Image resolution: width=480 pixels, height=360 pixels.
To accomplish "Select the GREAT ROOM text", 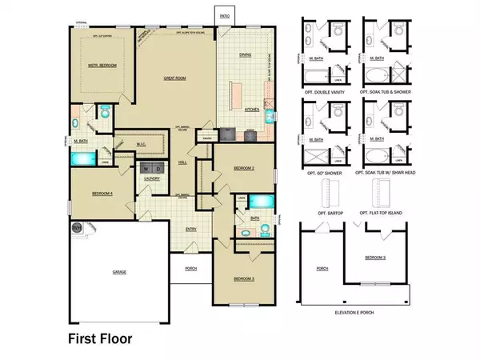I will [175, 78].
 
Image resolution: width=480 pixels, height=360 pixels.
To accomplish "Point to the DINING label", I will [246, 54].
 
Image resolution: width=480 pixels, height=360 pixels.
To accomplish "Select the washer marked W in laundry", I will [145, 170].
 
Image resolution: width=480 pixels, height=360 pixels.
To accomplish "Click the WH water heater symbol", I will [78, 227].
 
